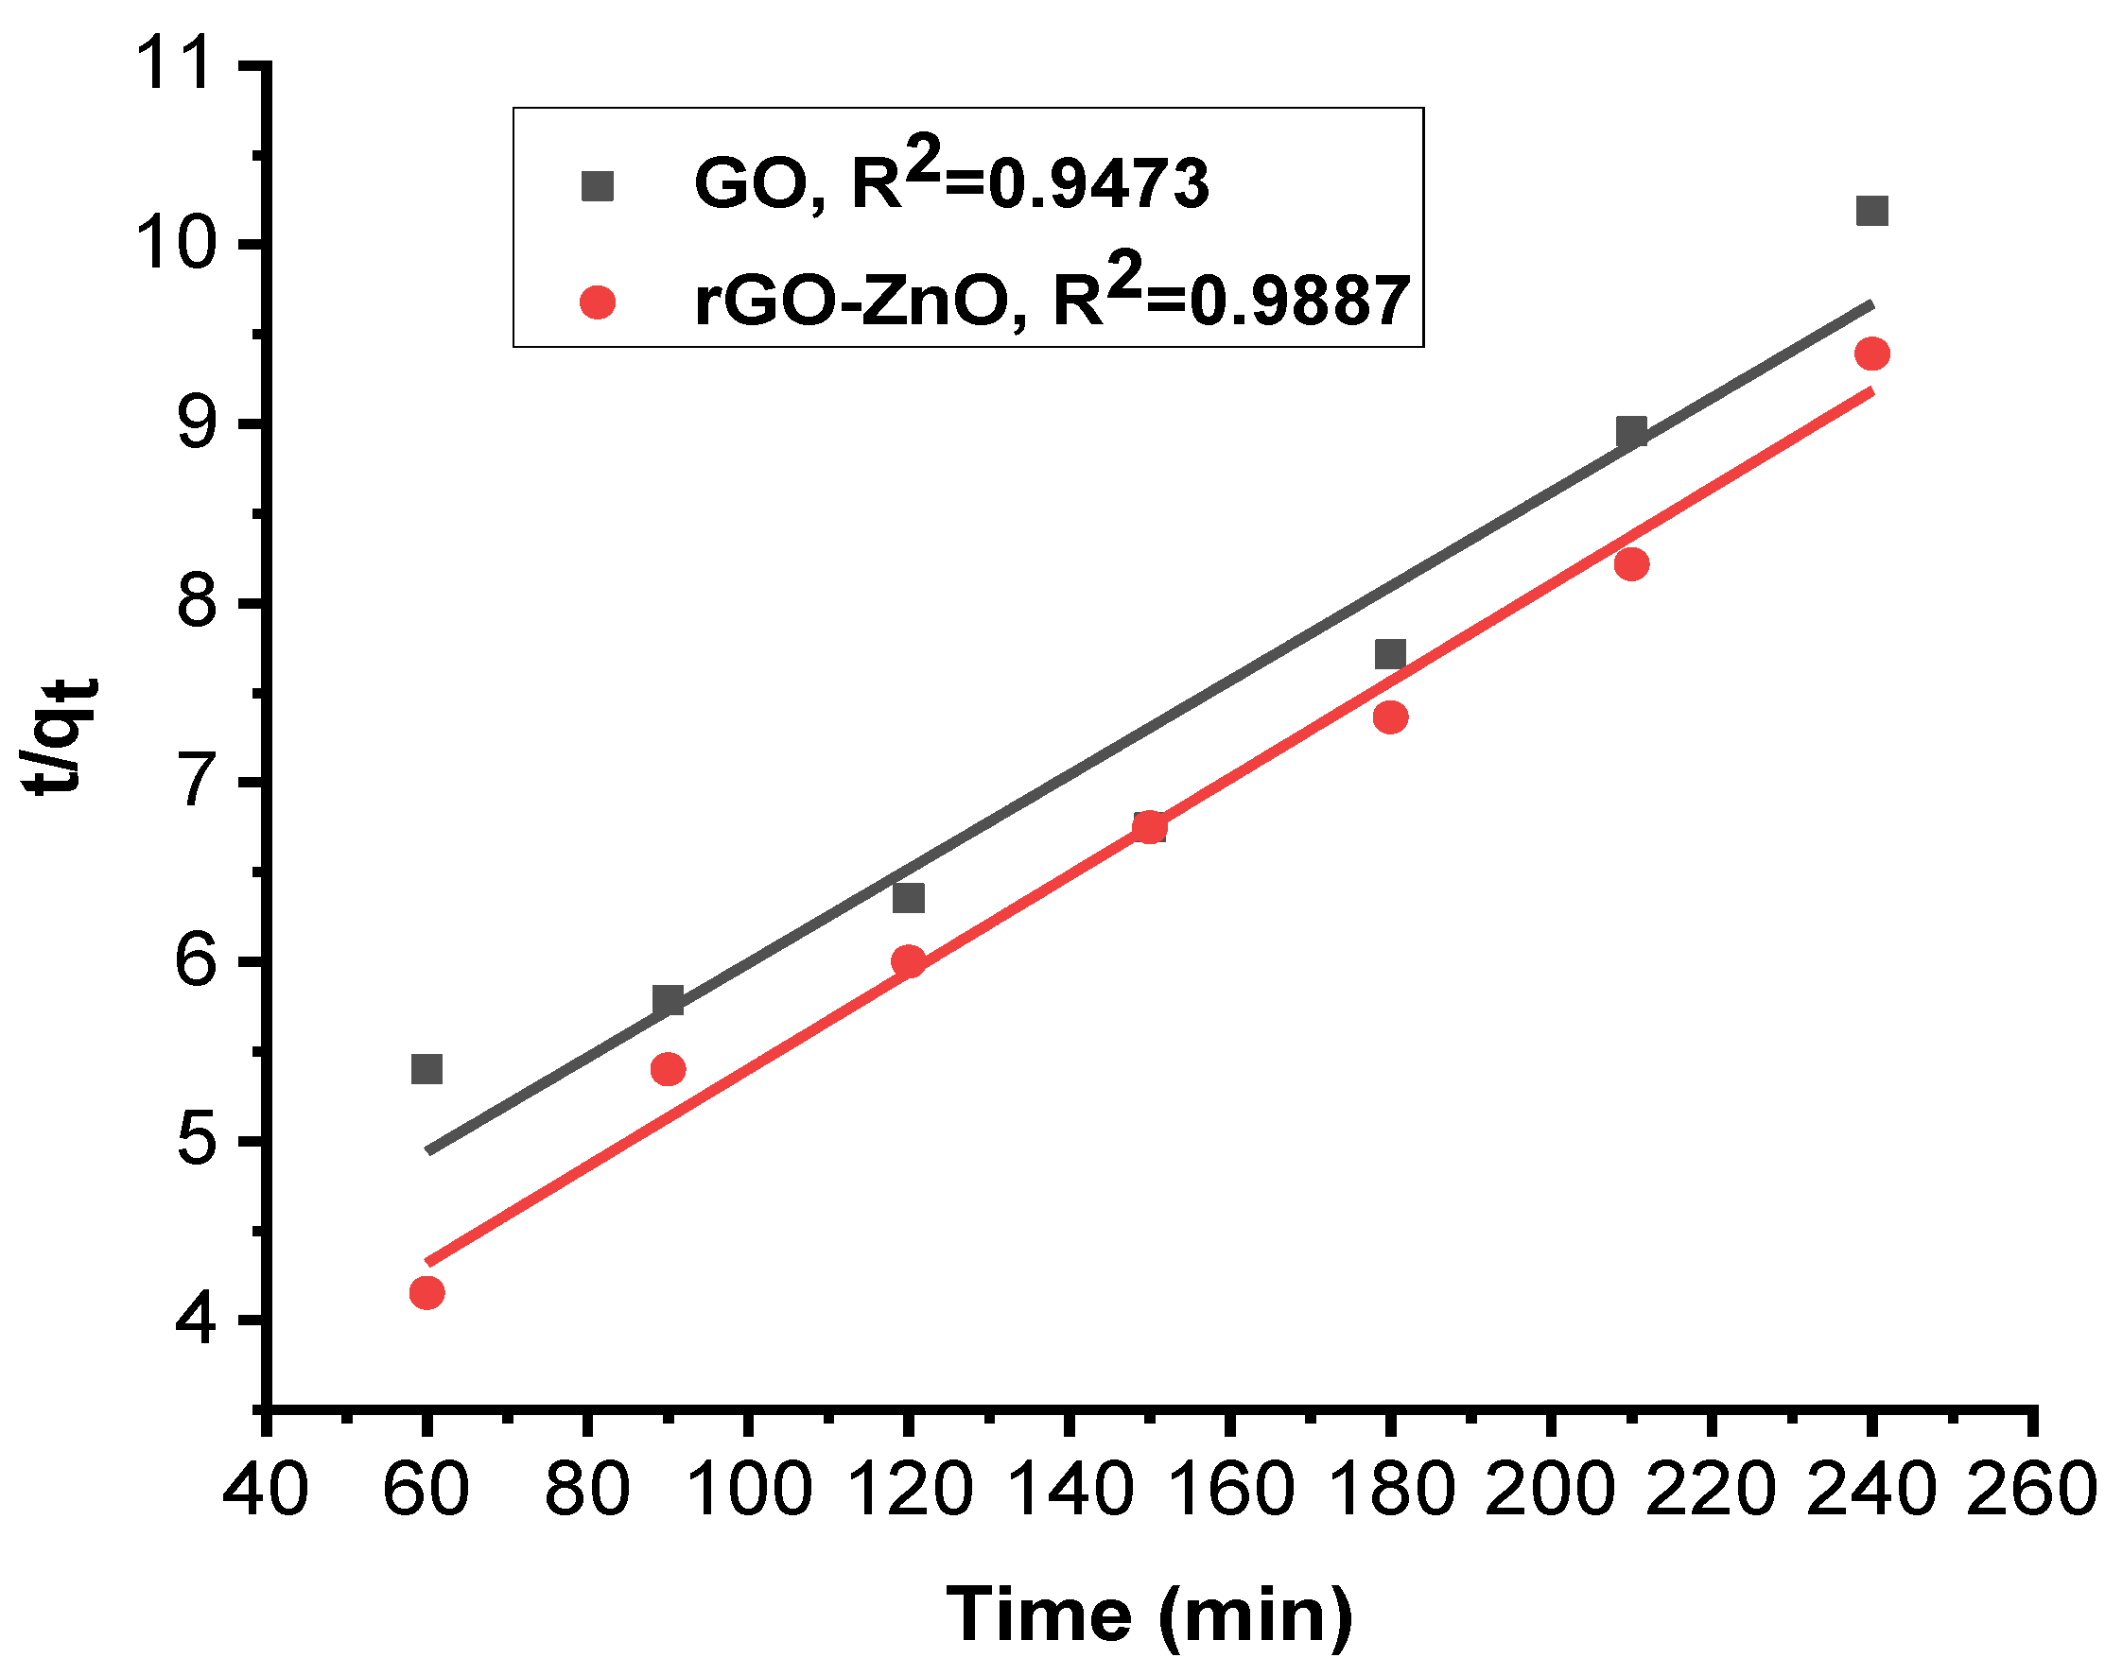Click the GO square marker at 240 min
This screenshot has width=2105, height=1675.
(x=1871, y=211)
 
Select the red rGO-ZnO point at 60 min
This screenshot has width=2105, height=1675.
(x=426, y=1293)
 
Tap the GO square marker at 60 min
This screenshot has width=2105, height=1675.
(x=426, y=1069)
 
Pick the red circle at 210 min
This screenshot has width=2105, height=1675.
(x=1631, y=564)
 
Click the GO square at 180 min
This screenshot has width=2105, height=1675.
(x=1390, y=654)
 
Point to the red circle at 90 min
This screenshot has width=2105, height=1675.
(x=668, y=1069)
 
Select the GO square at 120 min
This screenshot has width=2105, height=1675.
(x=908, y=898)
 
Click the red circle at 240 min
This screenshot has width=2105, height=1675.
(x=1871, y=354)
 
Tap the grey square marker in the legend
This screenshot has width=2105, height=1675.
(x=598, y=185)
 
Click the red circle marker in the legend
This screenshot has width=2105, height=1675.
(x=598, y=302)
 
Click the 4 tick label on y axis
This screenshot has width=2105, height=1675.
(x=195, y=1320)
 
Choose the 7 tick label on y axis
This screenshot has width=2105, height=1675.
(x=195, y=782)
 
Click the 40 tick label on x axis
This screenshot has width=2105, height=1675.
(x=266, y=1491)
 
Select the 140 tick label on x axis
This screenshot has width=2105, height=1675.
(x=1070, y=1491)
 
